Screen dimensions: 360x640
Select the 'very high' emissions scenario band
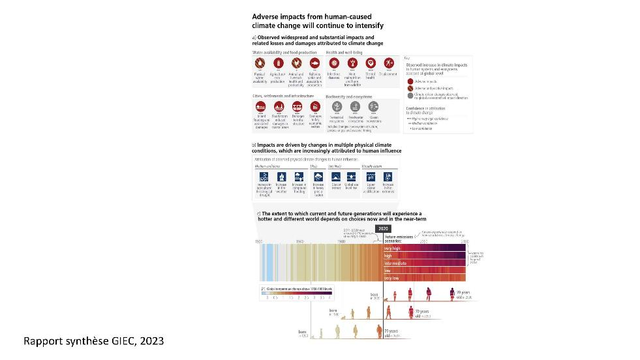pyautogui.click(x=424, y=248)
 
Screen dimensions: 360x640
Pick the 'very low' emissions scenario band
pyautogui.click(x=424, y=278)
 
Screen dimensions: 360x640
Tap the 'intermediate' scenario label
pyautogui.click(x=396, y=263)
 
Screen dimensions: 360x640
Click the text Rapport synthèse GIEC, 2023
pyautogui.click(x=94, y=341)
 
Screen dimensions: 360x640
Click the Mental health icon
pyautogui.click(x=371, y=63)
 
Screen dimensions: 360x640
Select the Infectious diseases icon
pyautogui.click(x=334, y=63)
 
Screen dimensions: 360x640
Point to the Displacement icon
pyautogui.click(x=389, y=63)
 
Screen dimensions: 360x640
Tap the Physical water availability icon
pyautogui.click(x=260, y=63)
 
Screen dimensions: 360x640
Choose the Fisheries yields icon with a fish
pyautogui.click(x=314, y=63)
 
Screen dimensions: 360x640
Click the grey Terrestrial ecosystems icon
pyautogui.click(x=337, y=107)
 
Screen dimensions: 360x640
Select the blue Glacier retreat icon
pyautogui.click(x=336, y=176)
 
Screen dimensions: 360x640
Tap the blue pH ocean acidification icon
pyautogui.click(x=370, y=176)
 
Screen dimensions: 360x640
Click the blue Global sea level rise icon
pyautogui.click(x=352, y=176)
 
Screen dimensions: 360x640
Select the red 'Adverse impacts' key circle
pyautogui.click(x=410, y=82)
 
